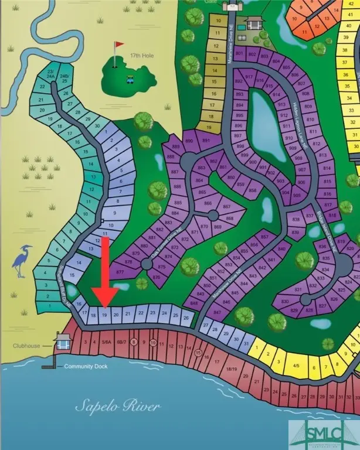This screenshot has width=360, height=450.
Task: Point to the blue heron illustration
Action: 20,261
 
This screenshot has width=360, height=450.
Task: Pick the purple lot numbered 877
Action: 121,272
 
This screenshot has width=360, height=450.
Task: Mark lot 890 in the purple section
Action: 189,141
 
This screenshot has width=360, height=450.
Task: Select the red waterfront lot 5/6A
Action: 106,342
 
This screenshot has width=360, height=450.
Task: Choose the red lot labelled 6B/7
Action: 121,342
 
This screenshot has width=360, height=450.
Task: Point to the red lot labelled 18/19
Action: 232,369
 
